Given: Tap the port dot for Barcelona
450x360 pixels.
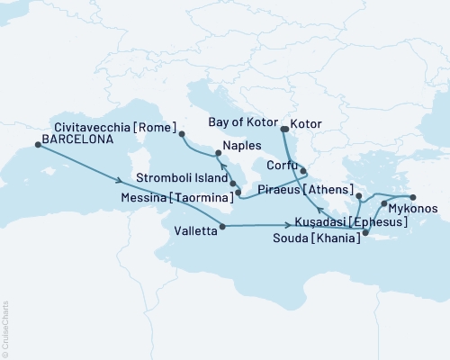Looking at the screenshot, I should coord(37,152).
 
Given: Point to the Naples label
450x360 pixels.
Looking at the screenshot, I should coord(242,144).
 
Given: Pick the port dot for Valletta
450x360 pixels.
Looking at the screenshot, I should coord(220,227).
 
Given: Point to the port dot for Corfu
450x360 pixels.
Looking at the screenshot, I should coord(303,170).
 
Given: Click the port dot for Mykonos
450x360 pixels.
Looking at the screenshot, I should coord(384,204).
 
